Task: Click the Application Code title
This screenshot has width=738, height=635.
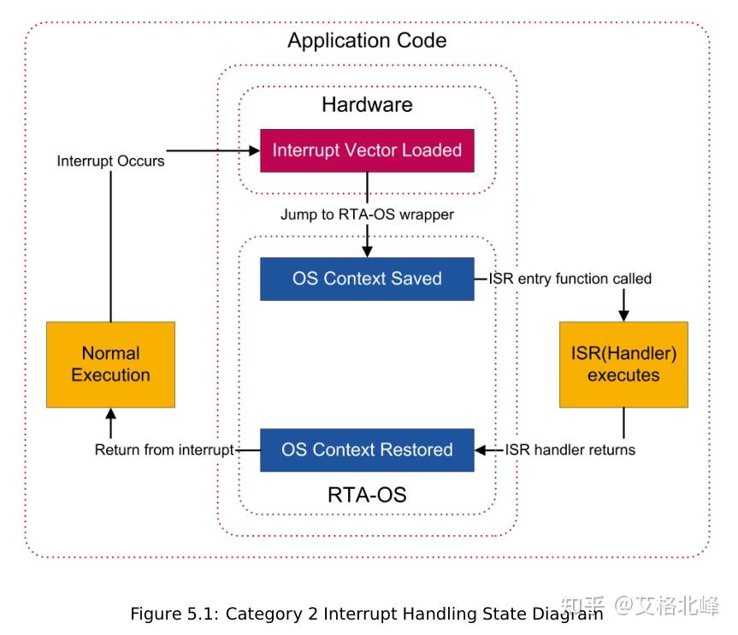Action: [x=367, y=40]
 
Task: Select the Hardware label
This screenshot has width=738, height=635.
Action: [x=367, y=105]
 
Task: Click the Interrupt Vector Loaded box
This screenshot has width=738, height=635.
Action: [x=367, y=150]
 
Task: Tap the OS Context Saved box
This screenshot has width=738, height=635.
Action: [x=367, y=279]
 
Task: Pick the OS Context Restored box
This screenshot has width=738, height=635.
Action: [x=367, y=450]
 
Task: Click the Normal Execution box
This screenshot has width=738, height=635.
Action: [x=110, y=364]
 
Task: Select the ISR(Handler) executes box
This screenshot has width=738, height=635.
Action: [x=623, y=364]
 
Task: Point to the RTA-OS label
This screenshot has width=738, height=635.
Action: [x=367, y=495]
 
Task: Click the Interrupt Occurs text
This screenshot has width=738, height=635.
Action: [x=110, y=161]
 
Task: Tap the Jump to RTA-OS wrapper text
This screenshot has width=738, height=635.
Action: [x=367, y=215]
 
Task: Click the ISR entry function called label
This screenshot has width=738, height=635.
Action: [x=570, y=279]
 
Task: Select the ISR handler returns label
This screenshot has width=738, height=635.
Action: [x=570, y=450]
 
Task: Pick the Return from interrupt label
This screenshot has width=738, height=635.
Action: [x=164, y=450]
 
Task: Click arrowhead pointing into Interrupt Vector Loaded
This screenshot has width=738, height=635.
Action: [x=254, y=150]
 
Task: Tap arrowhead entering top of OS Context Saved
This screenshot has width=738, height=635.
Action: [x=367, y=251]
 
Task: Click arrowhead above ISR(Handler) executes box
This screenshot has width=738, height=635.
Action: [x=623, y=315]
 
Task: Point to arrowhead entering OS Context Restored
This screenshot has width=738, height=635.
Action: [x=481, y=450]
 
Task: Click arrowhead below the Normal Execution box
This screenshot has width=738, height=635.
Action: [x=110, y=415]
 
